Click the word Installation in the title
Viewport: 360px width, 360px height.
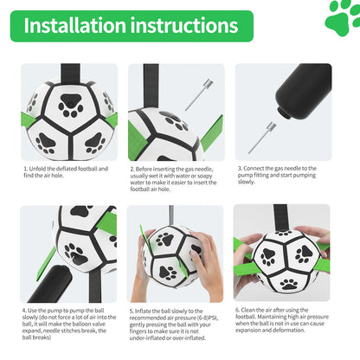click(x=75, y=26)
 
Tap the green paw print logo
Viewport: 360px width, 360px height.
click(x=342, y=18)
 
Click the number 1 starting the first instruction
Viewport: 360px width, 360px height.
click(x=26, y=169)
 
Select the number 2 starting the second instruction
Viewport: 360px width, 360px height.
click(x=132, y=169)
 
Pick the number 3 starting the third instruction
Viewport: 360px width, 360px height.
click(x=239, y=169)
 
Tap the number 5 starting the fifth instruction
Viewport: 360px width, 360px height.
click(x=132, y=309)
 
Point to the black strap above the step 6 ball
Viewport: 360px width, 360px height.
click(x=282, y=216)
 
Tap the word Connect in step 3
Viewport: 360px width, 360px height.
click(x=255, y=169)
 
